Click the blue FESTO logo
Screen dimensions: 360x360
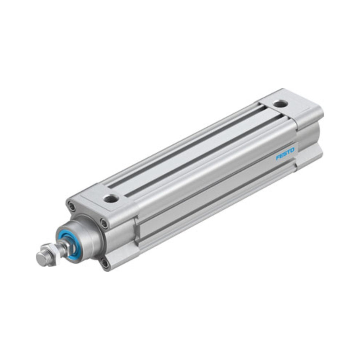point(285,154)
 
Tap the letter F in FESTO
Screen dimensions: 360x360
point(278,157)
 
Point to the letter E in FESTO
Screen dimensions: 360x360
point(282,156)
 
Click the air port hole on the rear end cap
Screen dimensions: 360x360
point(280,104)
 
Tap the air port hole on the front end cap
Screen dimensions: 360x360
point(111,198)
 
